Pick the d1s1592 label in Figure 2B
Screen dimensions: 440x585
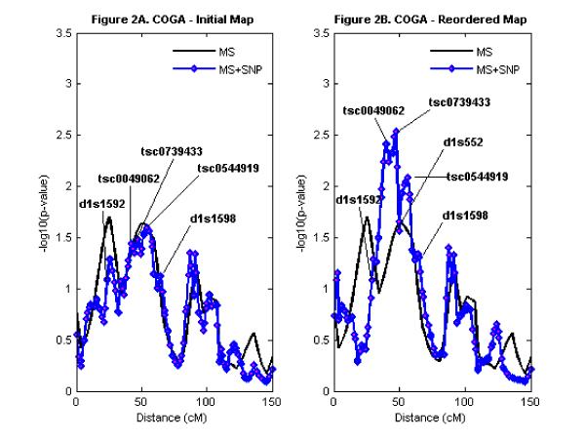[x=359, y=201]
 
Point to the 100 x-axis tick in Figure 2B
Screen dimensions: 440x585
[x=465, y=401]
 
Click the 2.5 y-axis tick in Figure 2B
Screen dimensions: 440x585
[x=323, y=136]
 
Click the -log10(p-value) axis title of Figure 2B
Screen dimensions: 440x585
[x=304, y=213]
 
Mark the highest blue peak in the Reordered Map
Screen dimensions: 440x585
[x=396, y=131]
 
